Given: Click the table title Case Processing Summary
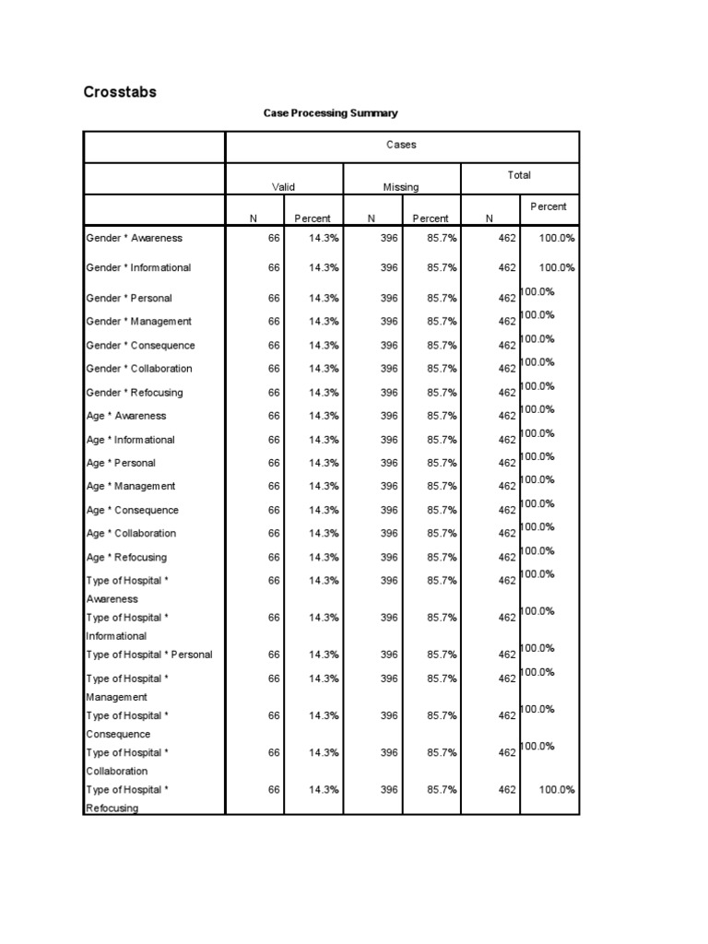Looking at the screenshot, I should pyautogui.click(x=330, y=113).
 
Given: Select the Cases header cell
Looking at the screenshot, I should pyautogui.click(x=401, y=146).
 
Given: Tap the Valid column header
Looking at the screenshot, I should pyautogui.click(x=283, y=187).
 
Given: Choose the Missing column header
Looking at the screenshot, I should pyautogui.click(x=401, y=187).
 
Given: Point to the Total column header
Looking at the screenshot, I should pyautogui.click(x=519, y=175).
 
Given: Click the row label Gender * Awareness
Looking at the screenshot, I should pyautogui.click(x=134, y=238).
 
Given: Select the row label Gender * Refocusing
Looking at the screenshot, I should pyautogui.click(x=134, y=393).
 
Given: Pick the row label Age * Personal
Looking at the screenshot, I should pyautogui.click(x=121, y=463).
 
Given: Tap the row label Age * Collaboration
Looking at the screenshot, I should pyautogui.click(x=130, y=533).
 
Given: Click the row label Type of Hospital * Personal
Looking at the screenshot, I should pyautogui.click(x=148, y=655).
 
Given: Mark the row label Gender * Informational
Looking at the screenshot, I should pyautogui.click(x=138, y=268).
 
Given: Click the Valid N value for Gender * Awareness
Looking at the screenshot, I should pyautogui.click(x=274, y=238).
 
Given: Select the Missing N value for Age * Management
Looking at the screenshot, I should pyautogui.click(x=389, y=487).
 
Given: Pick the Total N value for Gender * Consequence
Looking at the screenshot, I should pyautogui.click(x=507, y=346).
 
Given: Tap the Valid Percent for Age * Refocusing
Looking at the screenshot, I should pyautogui.click(x=324, y=558).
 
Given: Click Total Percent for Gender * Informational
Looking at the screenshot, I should pyautogui.click(x=557, y=268).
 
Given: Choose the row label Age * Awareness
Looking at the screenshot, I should pyautogui.click(x=126, y=416).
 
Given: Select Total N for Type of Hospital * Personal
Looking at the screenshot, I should pyautogui.click(x=507, y=655).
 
